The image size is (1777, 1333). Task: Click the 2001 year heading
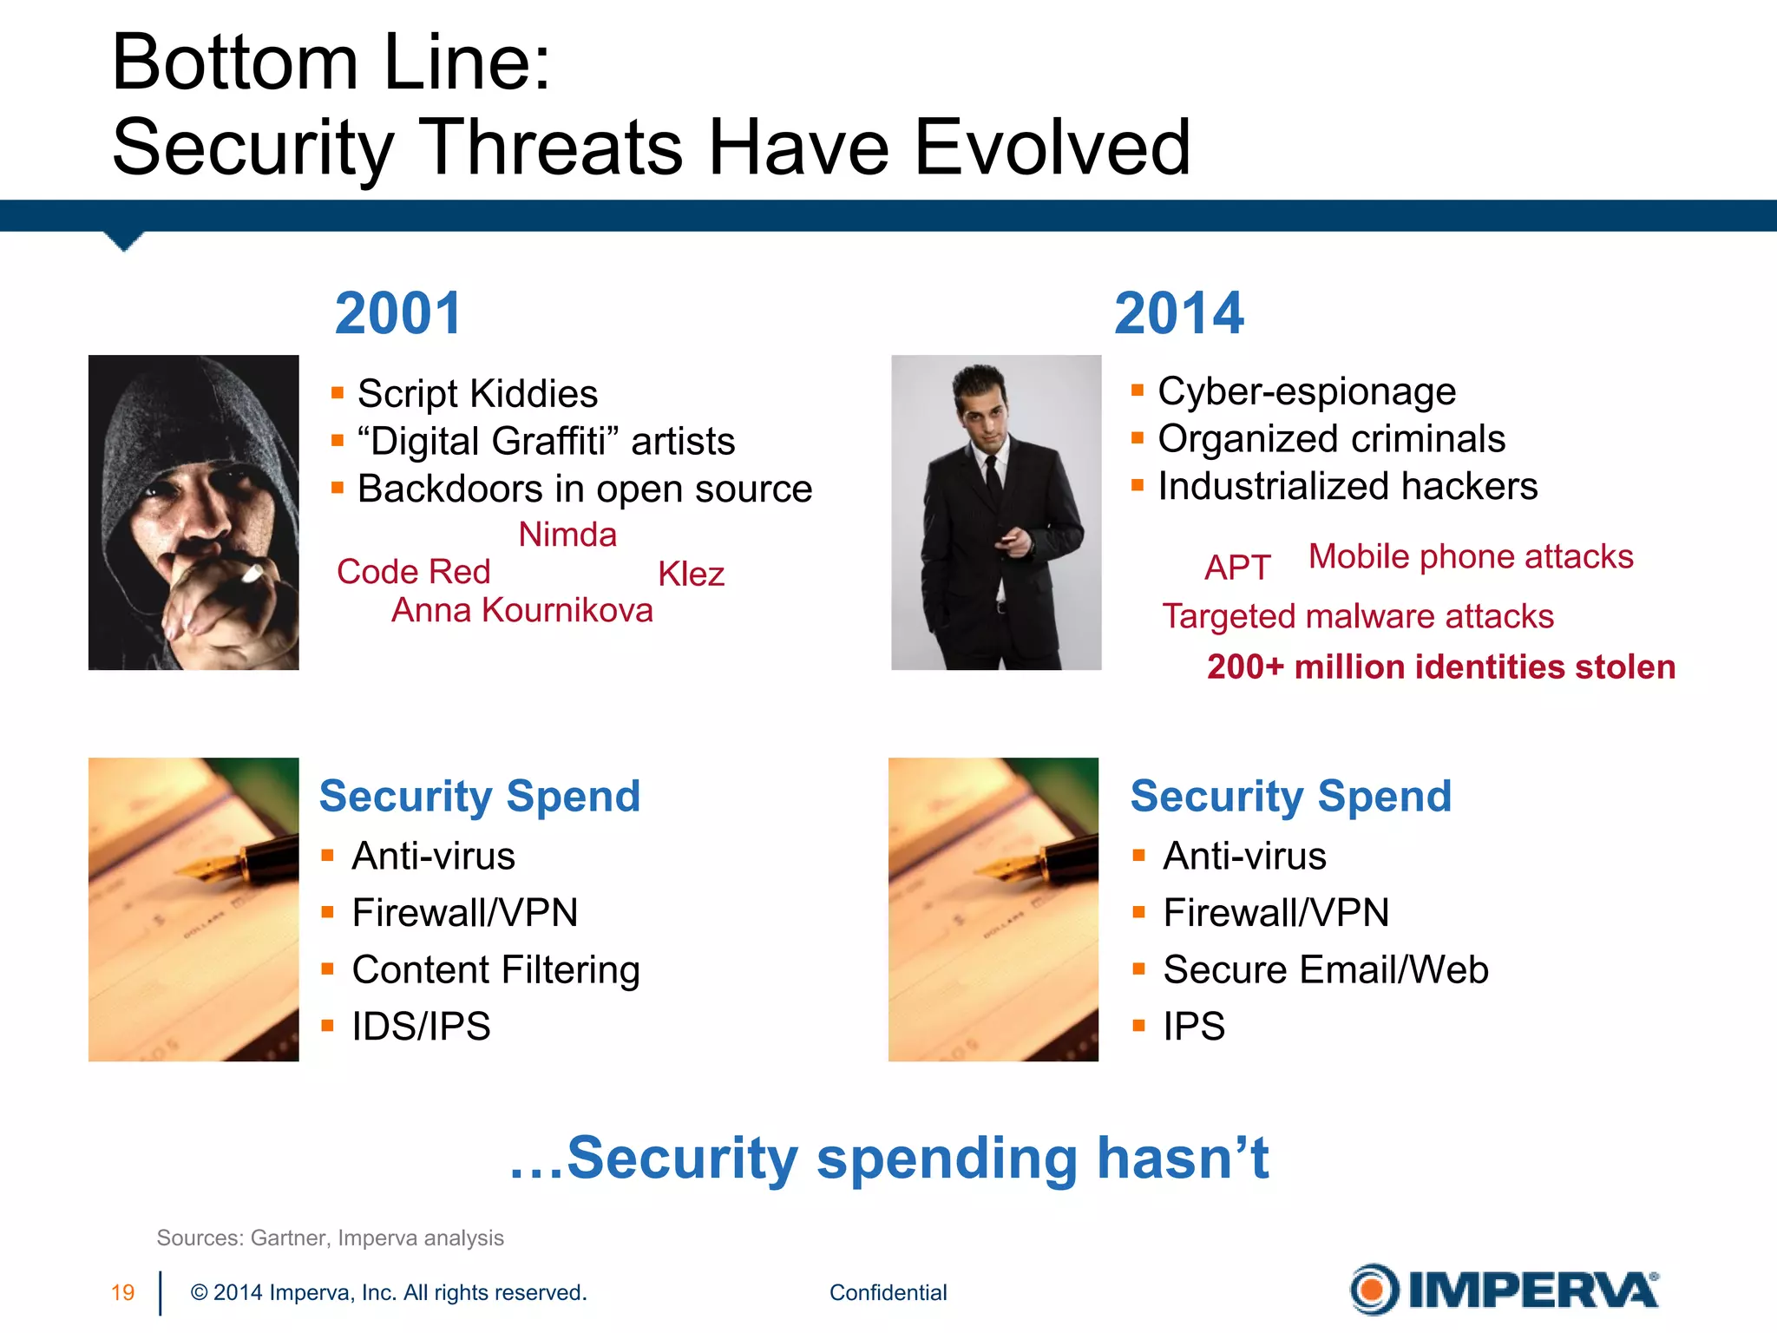click(x=398, y=313)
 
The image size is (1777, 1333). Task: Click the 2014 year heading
click(x=1178, y=313)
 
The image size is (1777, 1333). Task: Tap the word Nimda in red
click(x=567, y=535)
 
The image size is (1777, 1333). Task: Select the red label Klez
click(x=691, y=575)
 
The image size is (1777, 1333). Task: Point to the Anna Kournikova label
click(x=521, y=610)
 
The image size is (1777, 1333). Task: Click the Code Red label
click(x=414, y=572)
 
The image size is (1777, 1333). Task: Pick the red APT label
click(x=1237, y=568)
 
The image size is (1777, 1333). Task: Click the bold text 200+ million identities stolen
click(x=1440, y=666)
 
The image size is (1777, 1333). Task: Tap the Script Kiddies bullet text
click(x=477, y=394)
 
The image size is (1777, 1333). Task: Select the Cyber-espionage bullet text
click(x=1306, y=391)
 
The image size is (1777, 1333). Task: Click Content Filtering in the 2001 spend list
click(x=495, y=969)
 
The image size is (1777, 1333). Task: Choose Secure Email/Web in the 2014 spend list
click(x=1325, y=969)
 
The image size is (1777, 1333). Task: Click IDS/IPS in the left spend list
click(x=421, y=1027)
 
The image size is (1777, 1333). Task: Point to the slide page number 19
click(x=122, y=1292)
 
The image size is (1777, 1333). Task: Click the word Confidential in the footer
click(x=888, y=1292)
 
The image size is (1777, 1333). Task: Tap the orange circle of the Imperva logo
click(x=1374, y=1290)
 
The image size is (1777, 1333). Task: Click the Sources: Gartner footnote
click(x=330, y=1238)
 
